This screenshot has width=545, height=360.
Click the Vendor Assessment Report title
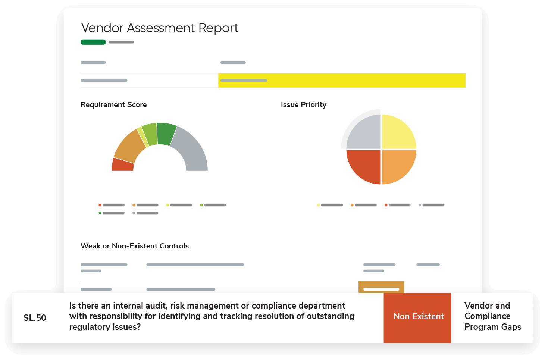click(160, 28)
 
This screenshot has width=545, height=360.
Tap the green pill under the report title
click(93, 42)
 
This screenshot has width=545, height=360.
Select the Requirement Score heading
click(113, 105)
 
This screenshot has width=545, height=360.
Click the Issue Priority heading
click(303, 105)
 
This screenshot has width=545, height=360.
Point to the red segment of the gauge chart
click(123, 165)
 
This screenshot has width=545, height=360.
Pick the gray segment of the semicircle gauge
click(192, 151)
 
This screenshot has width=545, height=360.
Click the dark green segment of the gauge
click(166, 134)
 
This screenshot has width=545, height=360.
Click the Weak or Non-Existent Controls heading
click(135, 246)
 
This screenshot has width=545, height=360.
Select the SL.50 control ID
click(35, 318)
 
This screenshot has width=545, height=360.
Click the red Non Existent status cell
click(417, 317)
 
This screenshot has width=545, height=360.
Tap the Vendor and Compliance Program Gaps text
click(492, 316)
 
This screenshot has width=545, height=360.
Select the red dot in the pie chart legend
click(386, 205)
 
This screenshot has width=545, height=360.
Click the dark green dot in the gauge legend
click(100, 213)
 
